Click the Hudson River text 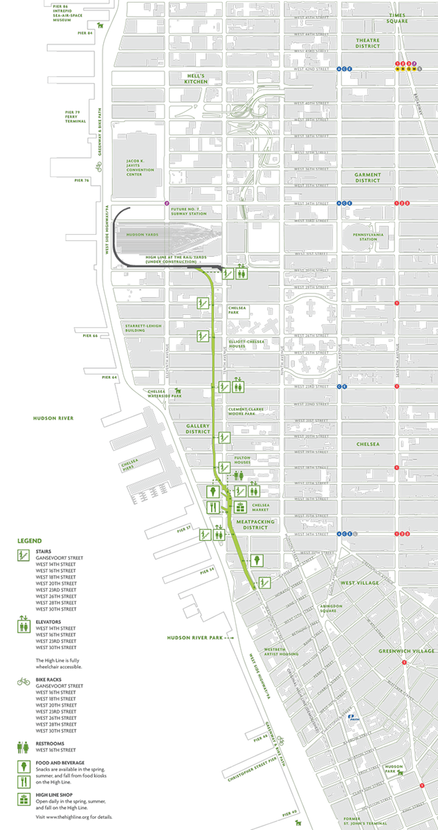click(x=53, y=418)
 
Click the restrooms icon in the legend click(x=24, y=747)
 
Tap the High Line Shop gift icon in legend click(x=24, y=799)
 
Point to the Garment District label click(x=367, y=177)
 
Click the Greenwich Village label click(x=408, y=651)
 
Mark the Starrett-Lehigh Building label click(x=144, y=327)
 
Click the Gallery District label click(x=197, y=428)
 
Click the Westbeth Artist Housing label click(x=280, y=652)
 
